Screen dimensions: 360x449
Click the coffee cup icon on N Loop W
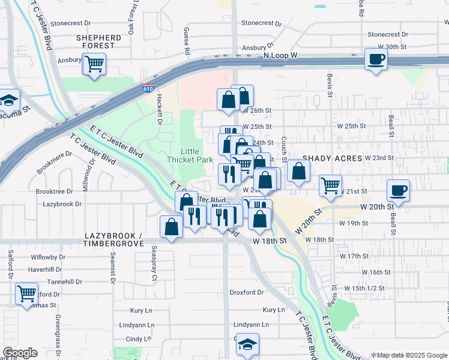tap(376, 59)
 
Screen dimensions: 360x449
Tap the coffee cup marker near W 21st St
tap(399, 191)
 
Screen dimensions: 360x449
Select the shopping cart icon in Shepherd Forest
tap(95, 64)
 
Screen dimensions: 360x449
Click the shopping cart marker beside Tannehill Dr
tap(26, 294)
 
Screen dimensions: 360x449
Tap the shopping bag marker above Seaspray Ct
tap(172, 227)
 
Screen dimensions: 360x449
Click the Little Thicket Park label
tap(190, 156)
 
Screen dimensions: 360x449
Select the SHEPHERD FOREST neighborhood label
tap(98, 41)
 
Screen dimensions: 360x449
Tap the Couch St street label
tap(283, 145)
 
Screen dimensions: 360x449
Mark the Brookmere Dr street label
tap(55, 162)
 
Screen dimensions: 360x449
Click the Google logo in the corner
tap(20, 353)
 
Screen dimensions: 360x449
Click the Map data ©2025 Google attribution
tap(411, 355)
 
